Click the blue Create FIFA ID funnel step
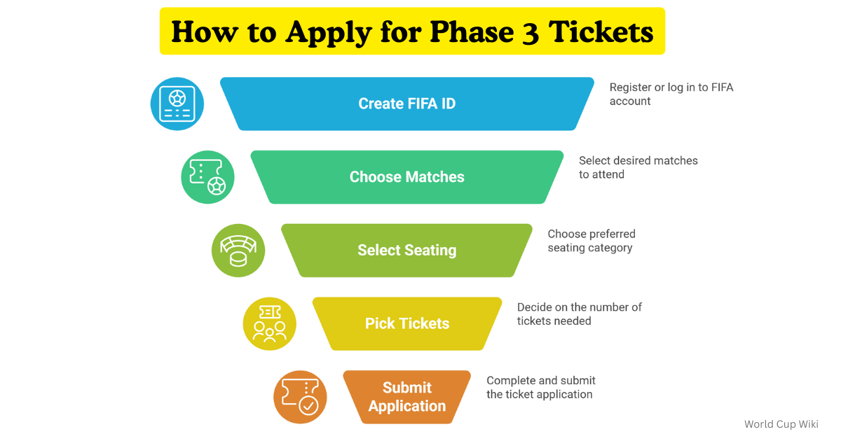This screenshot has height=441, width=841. click(406, 104)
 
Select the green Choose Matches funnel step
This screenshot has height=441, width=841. click(406, 177)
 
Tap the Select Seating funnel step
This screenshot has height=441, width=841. click(406, 250)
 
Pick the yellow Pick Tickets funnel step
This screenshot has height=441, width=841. click(406, 323)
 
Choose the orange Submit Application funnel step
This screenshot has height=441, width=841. click(406, 397)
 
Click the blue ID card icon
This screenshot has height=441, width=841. click(177, 104)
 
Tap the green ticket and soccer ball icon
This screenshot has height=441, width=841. click(207, 177)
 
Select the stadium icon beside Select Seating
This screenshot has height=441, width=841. click(238, 250)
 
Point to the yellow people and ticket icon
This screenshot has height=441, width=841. click(269, 323)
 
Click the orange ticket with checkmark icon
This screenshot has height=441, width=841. click(300, 397)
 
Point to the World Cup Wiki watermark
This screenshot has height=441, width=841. click(781, 423)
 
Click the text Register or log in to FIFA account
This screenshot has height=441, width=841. click(671, 94)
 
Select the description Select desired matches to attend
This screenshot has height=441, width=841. click(638, 167)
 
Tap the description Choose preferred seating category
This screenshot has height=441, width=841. click(591, 241)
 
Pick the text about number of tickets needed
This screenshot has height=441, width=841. click(579, 314)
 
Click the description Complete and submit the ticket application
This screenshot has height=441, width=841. click(540, 387)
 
